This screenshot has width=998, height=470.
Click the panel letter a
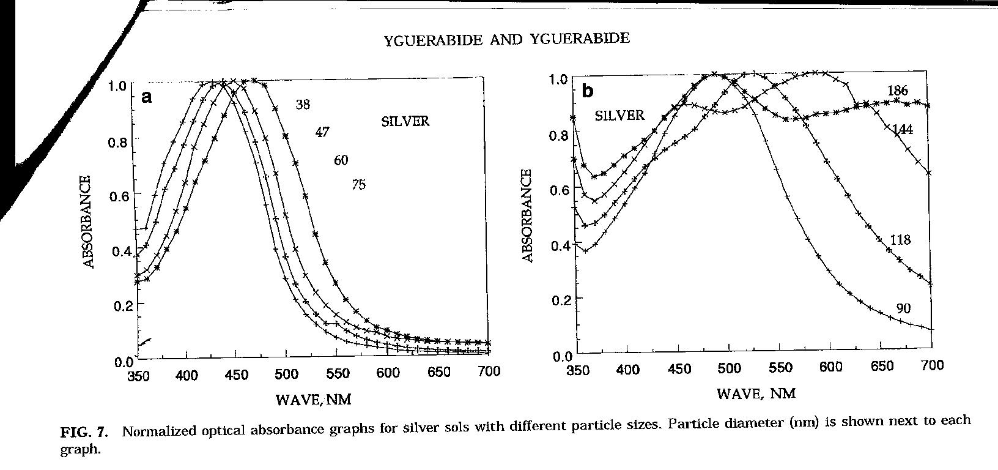(x=146, y=97)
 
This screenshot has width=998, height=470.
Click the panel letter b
(x=588, y=91)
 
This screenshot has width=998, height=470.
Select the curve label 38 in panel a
(x=303, y=105)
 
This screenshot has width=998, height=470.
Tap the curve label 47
(x=322, y=132)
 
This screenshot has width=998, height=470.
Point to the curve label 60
(x=341, y=160)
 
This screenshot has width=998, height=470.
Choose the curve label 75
(x=359, y=184)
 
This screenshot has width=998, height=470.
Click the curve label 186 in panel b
(x=898, y=91)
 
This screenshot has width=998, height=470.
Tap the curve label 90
(x=904, y=309)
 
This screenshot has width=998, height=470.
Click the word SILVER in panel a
(x=405, y=121)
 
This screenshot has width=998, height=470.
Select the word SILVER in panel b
(x=619, y=115)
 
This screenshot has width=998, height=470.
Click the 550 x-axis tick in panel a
(x=338, y=373)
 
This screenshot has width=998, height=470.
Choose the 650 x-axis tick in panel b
(x=881, y=367)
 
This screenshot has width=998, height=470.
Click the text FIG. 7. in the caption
(x=84, y=433)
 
